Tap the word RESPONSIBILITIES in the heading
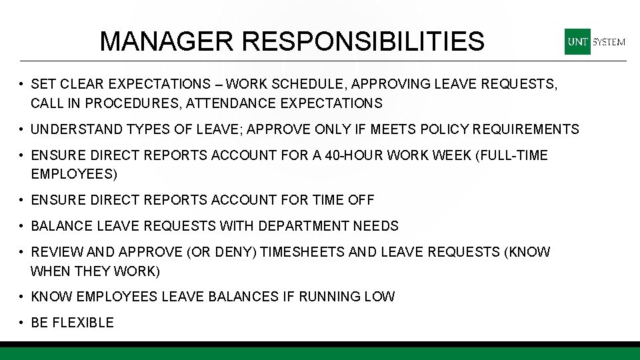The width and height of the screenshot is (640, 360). tap(363, 41)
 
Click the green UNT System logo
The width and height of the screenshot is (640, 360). tap(595, 41)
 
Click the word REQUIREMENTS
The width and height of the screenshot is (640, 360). tap(529, 129)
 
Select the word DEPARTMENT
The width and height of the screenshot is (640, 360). tap(305, 226)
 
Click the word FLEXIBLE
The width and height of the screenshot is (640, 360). tap(83, 323)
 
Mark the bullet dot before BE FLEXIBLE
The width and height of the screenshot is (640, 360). tap(23, 323)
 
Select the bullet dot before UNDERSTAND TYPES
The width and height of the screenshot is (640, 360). tap(23, 129)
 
